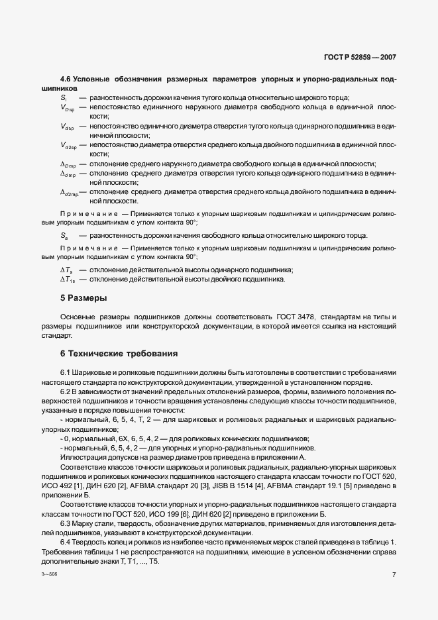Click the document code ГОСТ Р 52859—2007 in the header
click(x=360, y=58)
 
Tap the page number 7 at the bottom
click(x=394, y=575)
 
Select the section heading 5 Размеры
click(x=83, y=297)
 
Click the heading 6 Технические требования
click(x=119, y=353)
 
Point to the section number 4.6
click(x=66, y=79)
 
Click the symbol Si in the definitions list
click(x=64, y=97)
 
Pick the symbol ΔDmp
click(x=68, y=164)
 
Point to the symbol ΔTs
click(x=66, y=270)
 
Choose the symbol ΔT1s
click(x=68, y=279)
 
